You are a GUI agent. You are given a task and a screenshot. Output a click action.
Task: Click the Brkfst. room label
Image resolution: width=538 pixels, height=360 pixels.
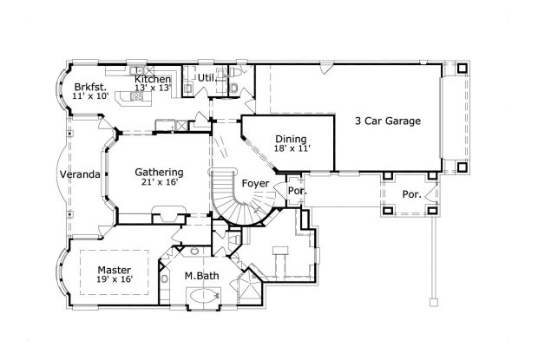(90, 87)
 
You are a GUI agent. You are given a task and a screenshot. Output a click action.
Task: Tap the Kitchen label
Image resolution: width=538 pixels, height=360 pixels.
(152, 80)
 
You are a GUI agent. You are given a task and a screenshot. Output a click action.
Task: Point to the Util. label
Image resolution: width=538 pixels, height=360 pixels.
(206, 78)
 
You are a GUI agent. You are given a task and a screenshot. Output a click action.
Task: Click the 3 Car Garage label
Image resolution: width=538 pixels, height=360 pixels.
(389, 121)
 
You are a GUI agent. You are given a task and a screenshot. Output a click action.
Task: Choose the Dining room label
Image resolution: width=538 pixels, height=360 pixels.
(291, 139)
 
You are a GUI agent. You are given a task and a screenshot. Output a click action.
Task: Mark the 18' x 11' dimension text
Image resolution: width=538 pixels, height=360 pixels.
(292, 149)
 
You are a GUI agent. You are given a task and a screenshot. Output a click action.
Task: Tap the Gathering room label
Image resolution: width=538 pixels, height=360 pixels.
(159, 172)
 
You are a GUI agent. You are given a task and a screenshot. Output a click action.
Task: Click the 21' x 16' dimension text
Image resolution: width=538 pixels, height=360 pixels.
(159, 183)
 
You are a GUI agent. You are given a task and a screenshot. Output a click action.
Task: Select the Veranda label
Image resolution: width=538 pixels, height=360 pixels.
(79, 174)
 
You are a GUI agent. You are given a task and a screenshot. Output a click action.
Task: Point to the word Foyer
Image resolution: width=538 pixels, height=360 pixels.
(255, 184)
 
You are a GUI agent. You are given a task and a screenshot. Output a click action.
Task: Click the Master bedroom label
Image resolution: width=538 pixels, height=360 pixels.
(114, 270)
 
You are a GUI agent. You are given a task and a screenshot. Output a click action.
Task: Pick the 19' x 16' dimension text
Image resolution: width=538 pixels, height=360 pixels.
(115, 280)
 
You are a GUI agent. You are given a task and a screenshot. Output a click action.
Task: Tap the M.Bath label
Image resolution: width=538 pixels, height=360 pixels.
(200, 277)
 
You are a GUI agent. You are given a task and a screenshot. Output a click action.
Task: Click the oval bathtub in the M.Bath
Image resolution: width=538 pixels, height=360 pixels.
(201, 296)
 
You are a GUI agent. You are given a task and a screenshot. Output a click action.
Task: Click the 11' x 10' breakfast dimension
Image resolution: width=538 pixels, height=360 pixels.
(90, 96)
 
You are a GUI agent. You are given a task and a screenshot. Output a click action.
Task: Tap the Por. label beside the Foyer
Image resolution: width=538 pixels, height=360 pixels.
(297, 190)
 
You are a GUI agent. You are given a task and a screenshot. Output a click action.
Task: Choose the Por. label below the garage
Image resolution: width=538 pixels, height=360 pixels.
(411, 194)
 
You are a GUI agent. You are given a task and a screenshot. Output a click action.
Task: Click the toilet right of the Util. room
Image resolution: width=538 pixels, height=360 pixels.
(234, 87)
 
